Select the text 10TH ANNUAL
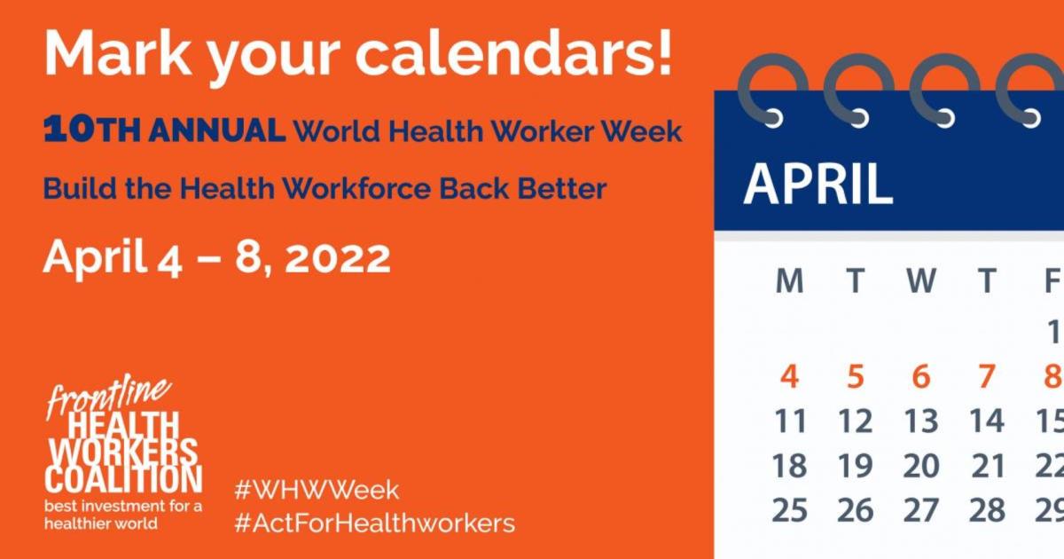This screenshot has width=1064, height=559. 164,130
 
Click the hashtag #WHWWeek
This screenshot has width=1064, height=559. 317,490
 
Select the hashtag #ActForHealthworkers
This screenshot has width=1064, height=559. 374,523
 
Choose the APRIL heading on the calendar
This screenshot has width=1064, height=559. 818,185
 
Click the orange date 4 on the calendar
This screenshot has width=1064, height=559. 788,376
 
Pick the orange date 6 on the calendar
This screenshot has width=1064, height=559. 920,376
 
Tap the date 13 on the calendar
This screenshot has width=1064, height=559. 920,421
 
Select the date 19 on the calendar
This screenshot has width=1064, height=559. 855,465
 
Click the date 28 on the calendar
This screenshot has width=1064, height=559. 987,510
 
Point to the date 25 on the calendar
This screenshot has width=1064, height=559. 788,510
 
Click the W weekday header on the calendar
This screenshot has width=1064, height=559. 920,281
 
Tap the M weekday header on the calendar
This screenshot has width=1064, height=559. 788,281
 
